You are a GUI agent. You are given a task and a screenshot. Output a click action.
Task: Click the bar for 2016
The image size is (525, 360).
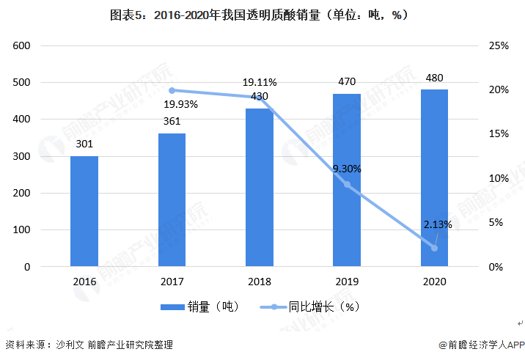pos(84,211)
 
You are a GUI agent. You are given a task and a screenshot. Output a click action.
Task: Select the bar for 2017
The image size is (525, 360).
pos(172,200)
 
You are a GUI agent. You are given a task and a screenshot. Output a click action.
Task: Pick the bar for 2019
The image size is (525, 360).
pos(347,180)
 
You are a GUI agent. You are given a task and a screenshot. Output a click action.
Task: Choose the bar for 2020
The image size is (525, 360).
pos(434,178)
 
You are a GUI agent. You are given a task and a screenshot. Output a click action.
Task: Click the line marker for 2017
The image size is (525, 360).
pos(172,90)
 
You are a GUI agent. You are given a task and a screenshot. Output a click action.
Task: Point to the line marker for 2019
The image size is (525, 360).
pos(347,185)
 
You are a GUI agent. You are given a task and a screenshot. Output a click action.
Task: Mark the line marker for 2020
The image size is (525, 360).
pos(434,248)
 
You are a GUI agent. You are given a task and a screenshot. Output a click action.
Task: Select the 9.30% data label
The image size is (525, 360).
pos(347,169)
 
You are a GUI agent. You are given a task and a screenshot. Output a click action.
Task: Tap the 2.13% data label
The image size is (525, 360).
pos(437,224)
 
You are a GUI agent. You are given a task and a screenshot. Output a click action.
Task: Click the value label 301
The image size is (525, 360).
pos(84,144)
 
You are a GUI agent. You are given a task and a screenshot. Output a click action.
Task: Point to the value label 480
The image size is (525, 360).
pos(434,78)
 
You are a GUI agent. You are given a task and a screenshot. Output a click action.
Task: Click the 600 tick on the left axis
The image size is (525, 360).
pos(21,45)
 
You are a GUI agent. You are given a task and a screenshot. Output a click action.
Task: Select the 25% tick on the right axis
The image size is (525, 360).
pos(499,45)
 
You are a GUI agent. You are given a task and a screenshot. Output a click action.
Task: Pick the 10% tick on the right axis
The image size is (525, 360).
pos(499,179)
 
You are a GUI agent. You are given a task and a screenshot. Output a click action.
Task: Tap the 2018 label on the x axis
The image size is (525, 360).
pos(259,281)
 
